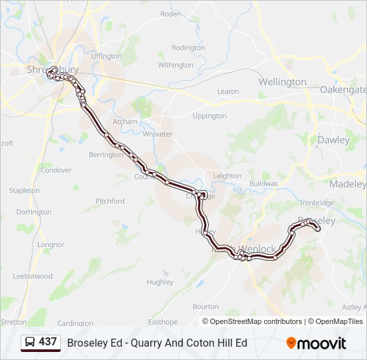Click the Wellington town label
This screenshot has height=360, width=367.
[x=282, y=82]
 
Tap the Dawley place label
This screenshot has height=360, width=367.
[x=333, y=140]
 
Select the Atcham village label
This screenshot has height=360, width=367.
[x=125, y=122]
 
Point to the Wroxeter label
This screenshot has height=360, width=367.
[x=157, y=134]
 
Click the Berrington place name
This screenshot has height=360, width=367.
[x=105, y=155]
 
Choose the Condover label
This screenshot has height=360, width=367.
[x=55, y=170]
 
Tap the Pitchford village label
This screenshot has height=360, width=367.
[x=110, y=201]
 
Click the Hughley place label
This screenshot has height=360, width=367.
[x=160, y=282]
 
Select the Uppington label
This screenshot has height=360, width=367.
[x=210, y=116]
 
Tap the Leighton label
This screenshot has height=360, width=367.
[x=227, y=176]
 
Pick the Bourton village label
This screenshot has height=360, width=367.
[x=206, y=307]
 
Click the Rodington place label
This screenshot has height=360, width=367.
[x=188, y=48]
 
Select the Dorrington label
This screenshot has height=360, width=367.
[x=34, y=212]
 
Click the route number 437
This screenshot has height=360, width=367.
[x=47, y=342]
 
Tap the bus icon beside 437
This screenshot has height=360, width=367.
[x=30, y=342]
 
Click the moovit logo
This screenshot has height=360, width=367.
[x=316, y=343]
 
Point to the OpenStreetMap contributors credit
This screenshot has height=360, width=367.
[x=252, y=321]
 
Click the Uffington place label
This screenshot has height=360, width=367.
[x=107, y=57]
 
